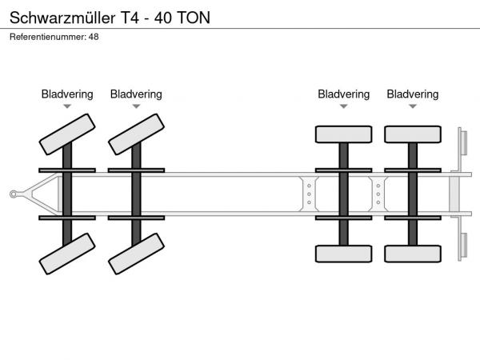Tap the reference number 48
click(x=94, y=38)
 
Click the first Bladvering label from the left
click(x=67, y=94)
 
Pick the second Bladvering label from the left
click(x=136, y=94)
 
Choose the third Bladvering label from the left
click(x=343, y=94)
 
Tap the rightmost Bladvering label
click(x=412, y=94)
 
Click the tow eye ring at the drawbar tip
click(x=14, y=194)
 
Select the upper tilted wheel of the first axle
click(x=66, y=134)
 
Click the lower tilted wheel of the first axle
click(x=66, y=254)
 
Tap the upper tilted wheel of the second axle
click(x=136, y=134)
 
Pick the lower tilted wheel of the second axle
click(x=136, y=254)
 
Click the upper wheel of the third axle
click(x=343, y=134)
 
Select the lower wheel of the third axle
click(x=343, y=254)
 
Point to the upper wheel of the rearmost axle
click(x=412, y=134)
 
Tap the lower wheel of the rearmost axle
click(x=412, y=254)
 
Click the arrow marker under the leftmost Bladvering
click(x=67, y=106)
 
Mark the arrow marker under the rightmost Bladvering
click(x=412, y=106)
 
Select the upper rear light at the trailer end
click(x=462, y=143)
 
